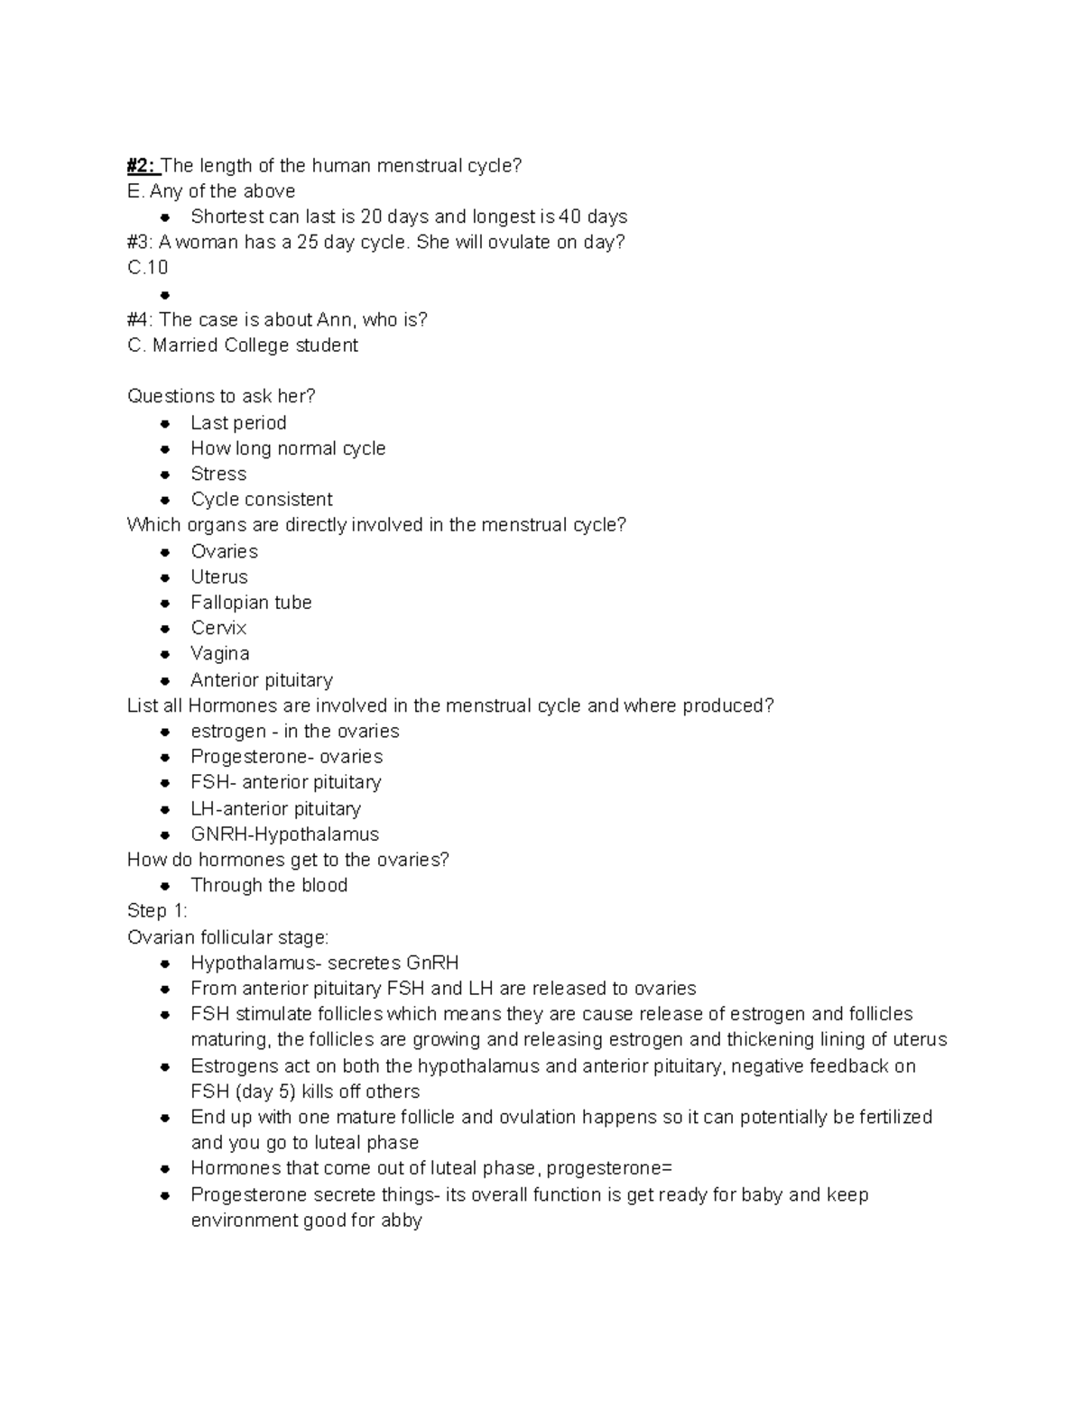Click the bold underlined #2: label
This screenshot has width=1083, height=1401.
click(x=143, y=165)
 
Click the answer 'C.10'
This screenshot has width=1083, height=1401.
click(x=148, y=267)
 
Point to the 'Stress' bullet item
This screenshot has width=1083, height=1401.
click(x=218, y=474)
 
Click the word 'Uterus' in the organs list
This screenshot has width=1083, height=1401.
click(x=219, y=576)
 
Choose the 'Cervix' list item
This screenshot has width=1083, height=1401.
click(x=218, y=628)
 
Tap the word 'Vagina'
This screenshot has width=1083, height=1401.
click(x=220, y=653)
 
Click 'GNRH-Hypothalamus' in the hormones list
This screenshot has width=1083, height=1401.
click(x=284, y=834)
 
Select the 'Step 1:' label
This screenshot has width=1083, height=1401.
click(x=157, y=910)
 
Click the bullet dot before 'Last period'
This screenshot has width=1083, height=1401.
click(x=165, y=423)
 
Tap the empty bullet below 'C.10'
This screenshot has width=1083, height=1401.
click(x=165, y=294)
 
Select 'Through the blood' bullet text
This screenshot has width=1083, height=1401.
click(x=269, y=885)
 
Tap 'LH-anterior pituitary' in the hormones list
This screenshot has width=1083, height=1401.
click(x=275, y=808)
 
